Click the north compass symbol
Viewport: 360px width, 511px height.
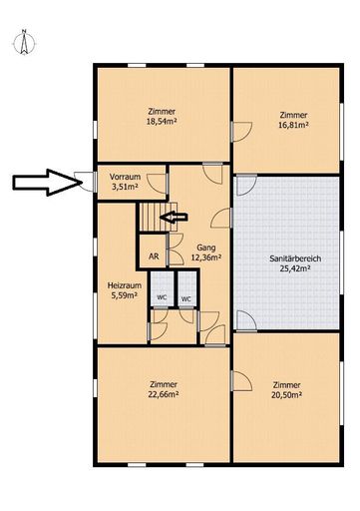click(24, 42)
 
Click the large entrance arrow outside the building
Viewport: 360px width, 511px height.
click(47, 183)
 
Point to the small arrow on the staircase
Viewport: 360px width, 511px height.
click(174, 218)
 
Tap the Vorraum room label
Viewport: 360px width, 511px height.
click(125, 177)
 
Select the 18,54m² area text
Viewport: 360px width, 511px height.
click(162, 122)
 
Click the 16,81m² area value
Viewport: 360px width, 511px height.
click(293, 125)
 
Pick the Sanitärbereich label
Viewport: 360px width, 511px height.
click(295, 258)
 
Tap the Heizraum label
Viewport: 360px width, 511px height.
click(125, 285)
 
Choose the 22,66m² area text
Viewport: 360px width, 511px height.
click(164, 394)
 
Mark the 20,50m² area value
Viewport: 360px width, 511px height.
click(286, 395)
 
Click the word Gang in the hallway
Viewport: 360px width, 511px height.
click(206, 248)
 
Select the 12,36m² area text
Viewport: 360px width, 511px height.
click(206, 257)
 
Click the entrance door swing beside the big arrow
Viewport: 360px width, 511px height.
click(85, 182)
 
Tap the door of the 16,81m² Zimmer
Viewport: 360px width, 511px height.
click(241, 132)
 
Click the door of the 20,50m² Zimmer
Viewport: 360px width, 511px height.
click(241, 381)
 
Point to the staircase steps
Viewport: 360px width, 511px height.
click(158, 217)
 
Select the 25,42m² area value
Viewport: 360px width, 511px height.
click(295, 268)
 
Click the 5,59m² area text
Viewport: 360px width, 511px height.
click(125, 295)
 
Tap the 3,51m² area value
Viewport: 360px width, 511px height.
click(125, 187)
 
